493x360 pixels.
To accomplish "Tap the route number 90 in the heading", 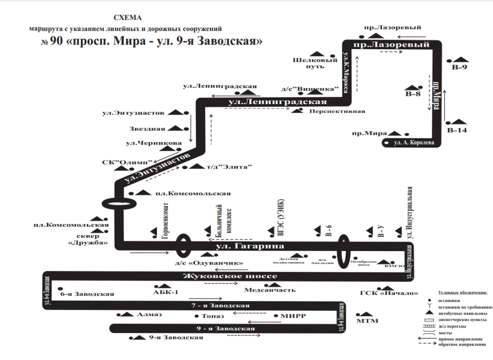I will click(x=56, y=41).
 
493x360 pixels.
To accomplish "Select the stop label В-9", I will click(x=459, y=67).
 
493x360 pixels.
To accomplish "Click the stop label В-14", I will click(x=457, y=130).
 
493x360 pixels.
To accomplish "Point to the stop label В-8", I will click(x=413, y=94).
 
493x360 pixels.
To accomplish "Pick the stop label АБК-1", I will click(x=165, y=292).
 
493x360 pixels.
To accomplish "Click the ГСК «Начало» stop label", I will click(x=388, y=293).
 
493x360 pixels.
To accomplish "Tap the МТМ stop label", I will click(x=367, y=321).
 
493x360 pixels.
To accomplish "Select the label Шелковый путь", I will click(x=308, y=64).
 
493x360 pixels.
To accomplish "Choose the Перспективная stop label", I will click(x=337, y=111).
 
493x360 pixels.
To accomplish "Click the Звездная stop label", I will click(x=147, y=129).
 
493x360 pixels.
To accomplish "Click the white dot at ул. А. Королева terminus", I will click(x=386, y=143).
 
